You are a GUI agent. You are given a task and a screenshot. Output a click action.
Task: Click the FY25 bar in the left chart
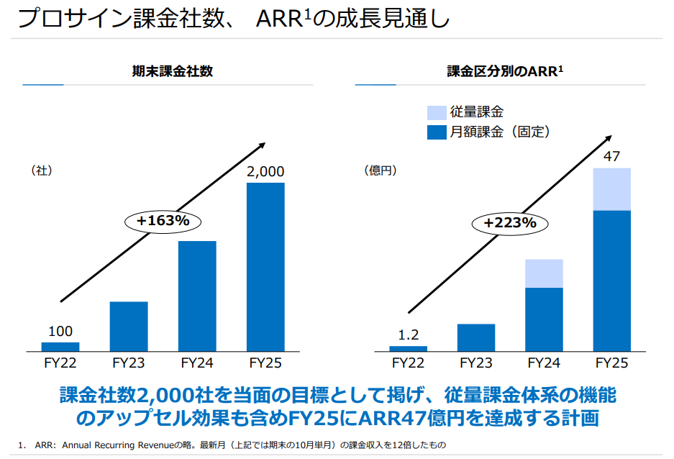click(x=265, y=267)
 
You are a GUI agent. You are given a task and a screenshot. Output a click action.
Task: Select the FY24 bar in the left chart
click(x=197, y=296)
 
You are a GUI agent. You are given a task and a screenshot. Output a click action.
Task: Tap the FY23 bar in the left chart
click(x=129, y=326)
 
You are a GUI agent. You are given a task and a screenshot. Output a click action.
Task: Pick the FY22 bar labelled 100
click(x=60, y=346)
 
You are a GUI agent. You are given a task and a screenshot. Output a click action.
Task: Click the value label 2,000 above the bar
click(x=265, y=172)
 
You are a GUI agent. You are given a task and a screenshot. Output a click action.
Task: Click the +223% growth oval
click(x=510, y=222)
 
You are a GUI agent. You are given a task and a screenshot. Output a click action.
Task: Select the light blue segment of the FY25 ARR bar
click(x=611, y=189)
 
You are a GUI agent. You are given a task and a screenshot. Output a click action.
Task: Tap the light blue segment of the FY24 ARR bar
click(x=544, y=273)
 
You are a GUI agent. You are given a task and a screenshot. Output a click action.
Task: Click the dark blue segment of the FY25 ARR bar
click(x=611, y=281)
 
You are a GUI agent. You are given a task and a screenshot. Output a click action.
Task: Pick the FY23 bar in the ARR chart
click(x=475, y=337)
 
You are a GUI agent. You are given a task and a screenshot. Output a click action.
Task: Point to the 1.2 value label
click(x=408, y=335)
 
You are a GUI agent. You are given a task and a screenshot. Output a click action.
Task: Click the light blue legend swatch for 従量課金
click(x=437, y=112)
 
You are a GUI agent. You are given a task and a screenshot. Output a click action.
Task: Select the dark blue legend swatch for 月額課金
click(x=437, y=132)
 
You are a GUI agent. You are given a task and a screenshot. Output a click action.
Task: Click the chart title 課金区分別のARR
click(x=504, y=71)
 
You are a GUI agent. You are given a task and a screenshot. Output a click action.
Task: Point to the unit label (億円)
click(x=381, y=171)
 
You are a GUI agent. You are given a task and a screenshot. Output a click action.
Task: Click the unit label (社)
click(x=42, y=171)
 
